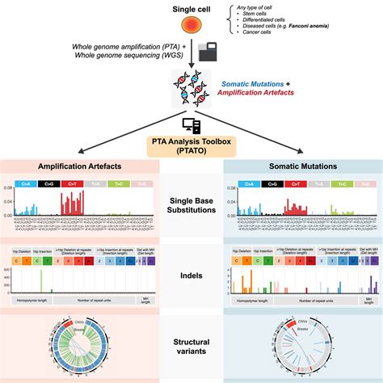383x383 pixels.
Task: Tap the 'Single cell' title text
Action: click(x=191, y=11)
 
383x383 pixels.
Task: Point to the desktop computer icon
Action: click(x=191, y=125)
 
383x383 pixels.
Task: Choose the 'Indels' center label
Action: click(x=191, y=276)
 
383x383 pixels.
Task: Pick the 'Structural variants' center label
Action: click(x=191, y=346)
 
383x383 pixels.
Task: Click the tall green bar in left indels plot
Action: click(x=41, y=280)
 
